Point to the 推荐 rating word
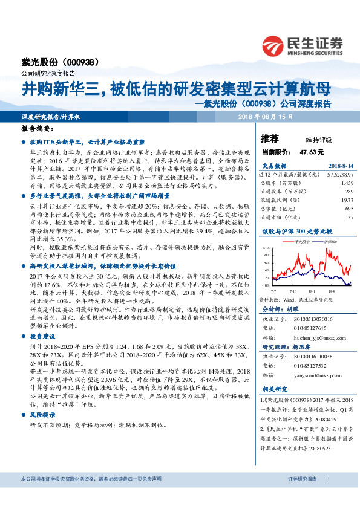(x=270, y=138)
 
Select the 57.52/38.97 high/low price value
(x=339, y=173)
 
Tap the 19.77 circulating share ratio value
(x=345, y=198)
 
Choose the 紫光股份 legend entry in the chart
(x=305, y=241)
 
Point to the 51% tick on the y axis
(x=266, y=248)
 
